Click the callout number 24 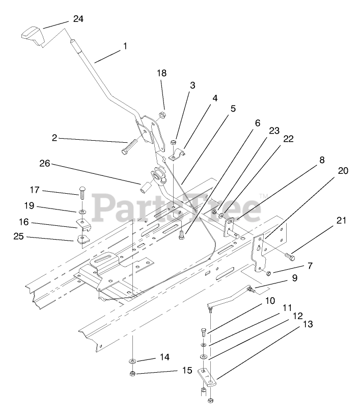click(78, 19)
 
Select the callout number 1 click(125, 45)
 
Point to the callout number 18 click(161, 73)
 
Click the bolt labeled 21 click(290, 254)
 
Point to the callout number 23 click(274, 131)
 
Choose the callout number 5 click(232, 109)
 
